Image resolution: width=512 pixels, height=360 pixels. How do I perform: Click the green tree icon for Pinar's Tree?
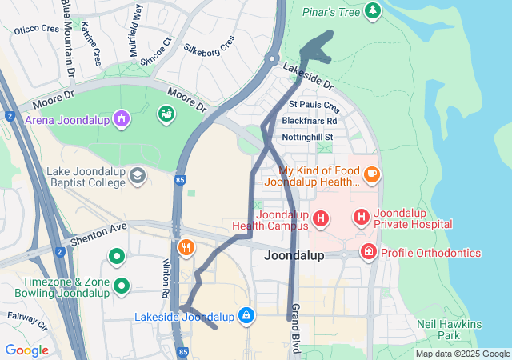point(372,10)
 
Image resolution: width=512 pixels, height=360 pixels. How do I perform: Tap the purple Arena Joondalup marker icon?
point(121,119)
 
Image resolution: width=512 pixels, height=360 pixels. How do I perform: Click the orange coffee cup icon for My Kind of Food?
point(371,174)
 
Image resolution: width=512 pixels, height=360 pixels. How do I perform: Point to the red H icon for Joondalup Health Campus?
point(321,218)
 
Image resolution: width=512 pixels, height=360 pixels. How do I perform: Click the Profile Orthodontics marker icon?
point(368,253)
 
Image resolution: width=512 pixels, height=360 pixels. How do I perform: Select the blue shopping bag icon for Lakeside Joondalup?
point(246,316)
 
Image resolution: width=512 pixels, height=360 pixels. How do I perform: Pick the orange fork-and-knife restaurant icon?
point(186,247)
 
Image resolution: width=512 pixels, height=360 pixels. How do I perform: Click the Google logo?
point(26,350)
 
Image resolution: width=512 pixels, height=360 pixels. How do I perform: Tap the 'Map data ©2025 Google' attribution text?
point(462,354)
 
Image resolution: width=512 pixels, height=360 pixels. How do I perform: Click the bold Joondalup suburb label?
point(294,256)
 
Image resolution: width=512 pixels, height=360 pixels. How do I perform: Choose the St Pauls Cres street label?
point(314,105)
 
